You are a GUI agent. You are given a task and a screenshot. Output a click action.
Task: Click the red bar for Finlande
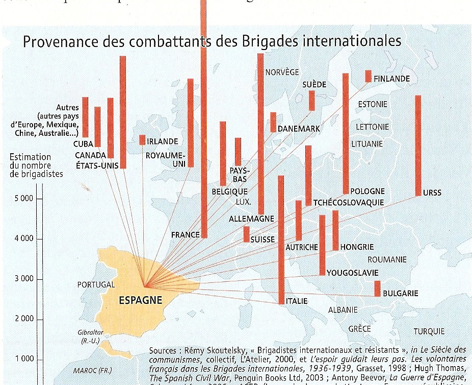[x=368, y=76]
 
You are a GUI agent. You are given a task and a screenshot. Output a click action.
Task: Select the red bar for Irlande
[x=142, y=140]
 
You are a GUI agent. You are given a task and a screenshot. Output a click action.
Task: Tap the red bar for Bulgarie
[x=377, y=288]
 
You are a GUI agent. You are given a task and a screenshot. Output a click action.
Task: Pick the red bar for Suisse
[x=247, y=234]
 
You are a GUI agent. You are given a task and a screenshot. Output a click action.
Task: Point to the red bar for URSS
[x=418, y=146]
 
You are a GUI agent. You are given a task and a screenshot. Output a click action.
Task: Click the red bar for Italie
[x=281, y=239]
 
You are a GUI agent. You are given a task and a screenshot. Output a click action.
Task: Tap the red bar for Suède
[x=312, y=101]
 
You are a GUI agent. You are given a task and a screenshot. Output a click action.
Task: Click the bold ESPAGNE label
[x=140, y=300]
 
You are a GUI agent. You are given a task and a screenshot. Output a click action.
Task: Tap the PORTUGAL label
[x=95, y=284]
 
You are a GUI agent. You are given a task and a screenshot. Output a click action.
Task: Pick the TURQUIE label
[x=429, y=331]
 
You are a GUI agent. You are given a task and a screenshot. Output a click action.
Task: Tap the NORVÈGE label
[x=282, y=73]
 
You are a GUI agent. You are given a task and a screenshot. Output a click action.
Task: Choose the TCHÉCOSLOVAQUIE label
[x=349, y=202]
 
